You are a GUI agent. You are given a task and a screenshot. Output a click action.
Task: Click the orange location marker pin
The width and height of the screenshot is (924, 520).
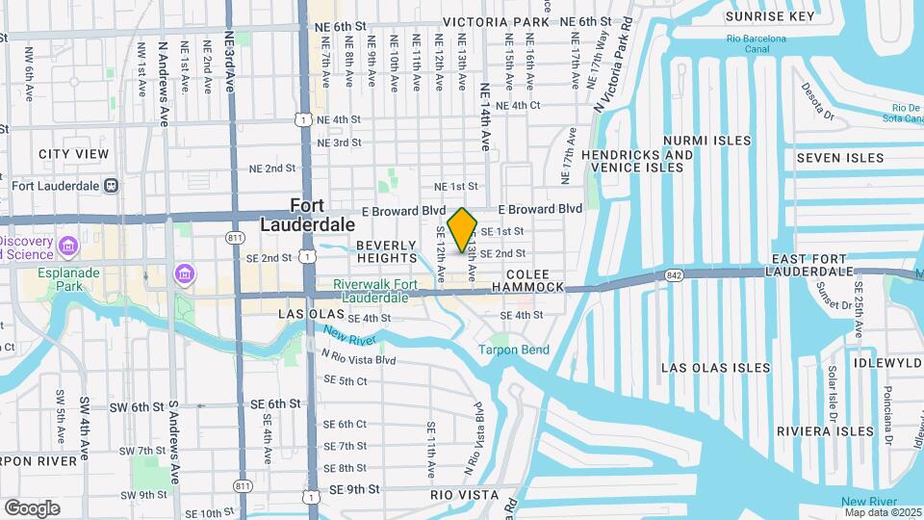(x=463, y=230)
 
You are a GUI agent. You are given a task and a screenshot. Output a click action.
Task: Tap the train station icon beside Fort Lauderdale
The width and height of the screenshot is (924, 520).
(x=112, y=185)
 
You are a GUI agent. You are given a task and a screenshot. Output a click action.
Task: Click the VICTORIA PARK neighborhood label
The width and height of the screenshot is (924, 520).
(x=494, y=21)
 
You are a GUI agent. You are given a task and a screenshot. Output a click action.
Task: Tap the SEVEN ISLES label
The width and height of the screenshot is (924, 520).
(x=840, y=158)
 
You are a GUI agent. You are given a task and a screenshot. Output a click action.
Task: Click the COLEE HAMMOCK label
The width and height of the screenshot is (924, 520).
(x=527, y=280)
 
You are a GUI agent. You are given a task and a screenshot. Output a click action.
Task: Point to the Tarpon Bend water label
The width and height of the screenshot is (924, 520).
(x=515, y=350)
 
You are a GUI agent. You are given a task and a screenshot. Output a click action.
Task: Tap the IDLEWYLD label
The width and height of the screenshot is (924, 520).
(x=887, y=363)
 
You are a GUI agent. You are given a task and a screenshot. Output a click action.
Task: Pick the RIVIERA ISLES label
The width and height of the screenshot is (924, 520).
(x=817, y=430)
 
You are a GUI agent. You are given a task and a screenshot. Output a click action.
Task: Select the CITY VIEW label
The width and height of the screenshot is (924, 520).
(x=73, y=154)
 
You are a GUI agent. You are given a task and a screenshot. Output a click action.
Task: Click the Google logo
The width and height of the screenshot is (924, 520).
(x=32, y=507)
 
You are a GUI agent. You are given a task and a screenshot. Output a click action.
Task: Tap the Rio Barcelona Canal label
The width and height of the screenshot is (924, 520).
(x=757, y=44)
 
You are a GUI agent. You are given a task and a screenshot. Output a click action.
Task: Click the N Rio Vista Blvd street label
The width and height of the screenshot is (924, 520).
(x=359, y=359)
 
